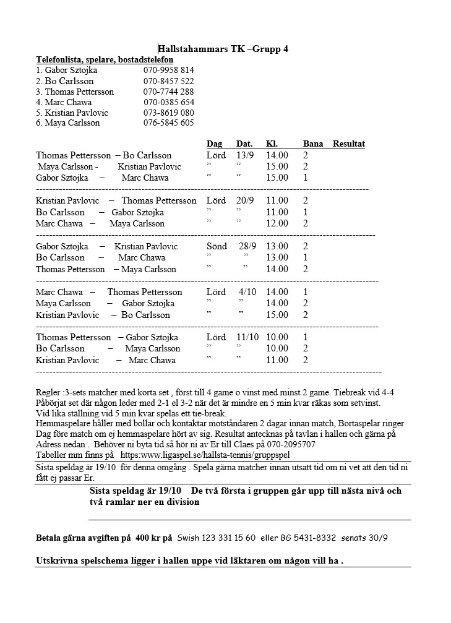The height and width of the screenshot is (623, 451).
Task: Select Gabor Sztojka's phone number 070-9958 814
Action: [168, 70]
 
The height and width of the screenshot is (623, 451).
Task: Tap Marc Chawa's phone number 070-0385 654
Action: [169, 102]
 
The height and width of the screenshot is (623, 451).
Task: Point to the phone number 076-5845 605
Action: [168, 122]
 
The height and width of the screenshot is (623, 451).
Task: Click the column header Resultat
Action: [348, 144]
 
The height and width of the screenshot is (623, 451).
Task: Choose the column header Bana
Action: [313, 144]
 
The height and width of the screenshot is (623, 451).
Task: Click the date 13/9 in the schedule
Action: [246, 155]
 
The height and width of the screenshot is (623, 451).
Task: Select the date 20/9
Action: [245, 200]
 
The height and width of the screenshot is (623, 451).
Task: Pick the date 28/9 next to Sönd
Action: [247, 246]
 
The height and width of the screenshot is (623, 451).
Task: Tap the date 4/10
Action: [247, 292]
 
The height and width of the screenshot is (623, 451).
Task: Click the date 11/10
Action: [247, 337]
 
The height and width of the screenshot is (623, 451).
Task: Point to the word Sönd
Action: [217, 246]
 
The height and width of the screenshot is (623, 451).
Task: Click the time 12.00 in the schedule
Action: [277, 223]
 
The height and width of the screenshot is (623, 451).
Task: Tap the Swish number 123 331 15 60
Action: [220, 538]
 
